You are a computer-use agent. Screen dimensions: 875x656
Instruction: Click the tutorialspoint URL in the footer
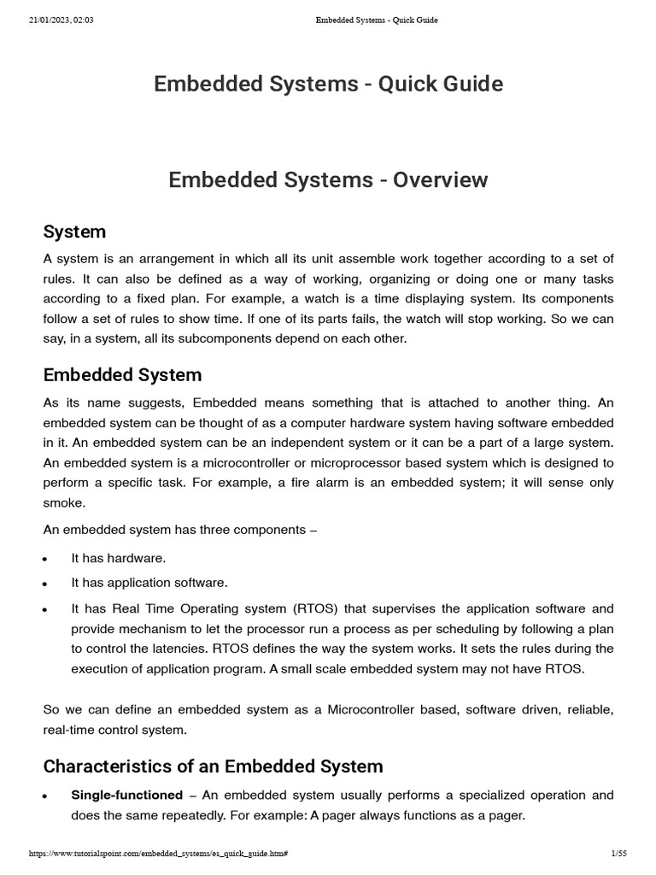coord(158,854)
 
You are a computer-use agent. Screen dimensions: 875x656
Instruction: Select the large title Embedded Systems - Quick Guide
coord(328,84)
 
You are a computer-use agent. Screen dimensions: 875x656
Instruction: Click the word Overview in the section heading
coord(440,180)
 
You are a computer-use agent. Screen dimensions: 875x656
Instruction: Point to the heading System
coord(74,232)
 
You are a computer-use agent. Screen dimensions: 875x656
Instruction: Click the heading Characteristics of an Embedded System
coord(213,765)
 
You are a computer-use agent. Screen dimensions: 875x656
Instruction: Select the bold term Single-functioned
coord(126,795)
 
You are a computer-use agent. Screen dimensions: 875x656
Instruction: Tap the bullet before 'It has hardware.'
coord(44,560)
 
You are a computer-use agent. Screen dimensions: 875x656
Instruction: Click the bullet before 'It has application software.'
coord(44,584)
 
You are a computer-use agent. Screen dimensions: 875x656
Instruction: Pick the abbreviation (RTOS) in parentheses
coord(319,608)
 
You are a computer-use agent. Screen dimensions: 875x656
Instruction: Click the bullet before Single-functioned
coord(44,796)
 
